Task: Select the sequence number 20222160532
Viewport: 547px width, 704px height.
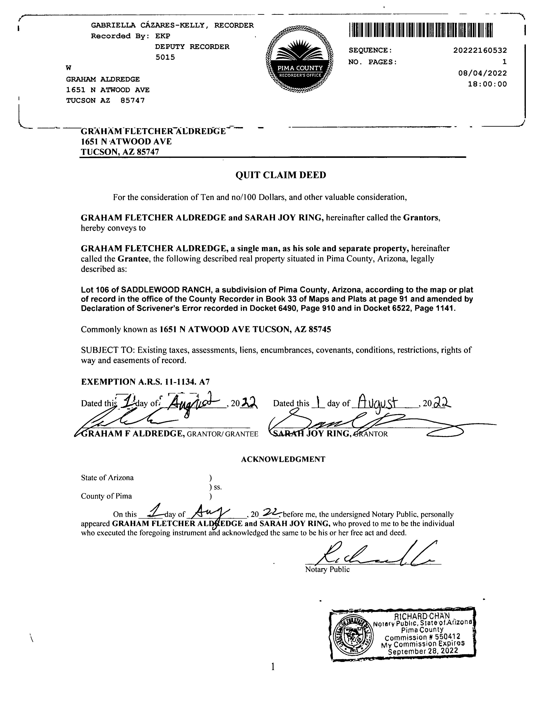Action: point(480,51)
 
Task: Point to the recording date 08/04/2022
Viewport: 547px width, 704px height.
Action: point(482,73)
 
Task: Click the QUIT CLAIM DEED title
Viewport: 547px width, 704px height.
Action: point(281,175)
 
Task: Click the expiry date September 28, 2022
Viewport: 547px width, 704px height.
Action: point(423,651)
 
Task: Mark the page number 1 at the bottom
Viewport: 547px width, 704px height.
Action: point(273,667)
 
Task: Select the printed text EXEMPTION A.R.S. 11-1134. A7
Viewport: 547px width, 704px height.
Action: point(145,382)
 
